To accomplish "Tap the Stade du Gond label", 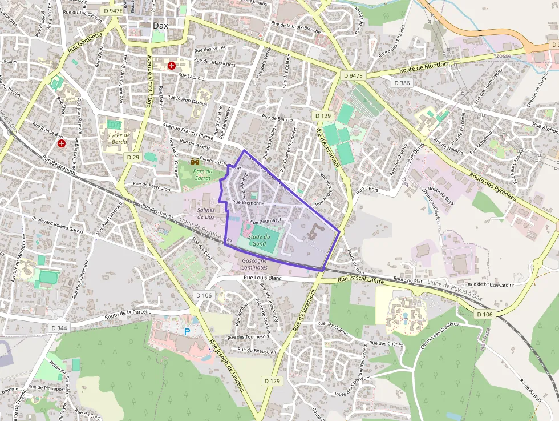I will point(258,240).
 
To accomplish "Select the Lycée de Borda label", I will point(119,139).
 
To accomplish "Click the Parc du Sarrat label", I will point(202,174).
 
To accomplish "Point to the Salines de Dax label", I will point(206,214).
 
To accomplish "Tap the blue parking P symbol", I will point(187,331).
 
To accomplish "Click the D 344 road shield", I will point(59,328).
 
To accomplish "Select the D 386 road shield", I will point(402,83).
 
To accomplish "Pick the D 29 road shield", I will point(133,157).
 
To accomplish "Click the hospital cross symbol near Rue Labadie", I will point(172,66).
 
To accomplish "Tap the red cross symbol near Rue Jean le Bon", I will point(61,144).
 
